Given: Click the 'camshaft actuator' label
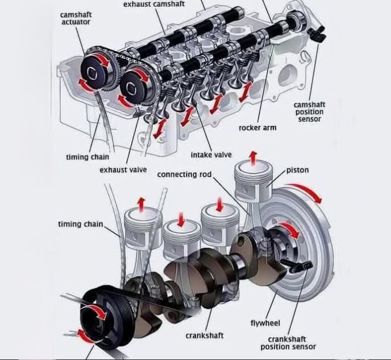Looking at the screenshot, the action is pos(76,18).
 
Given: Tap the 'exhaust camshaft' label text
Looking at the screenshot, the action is pos(154,4).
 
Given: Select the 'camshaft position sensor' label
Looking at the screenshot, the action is pos(310,112).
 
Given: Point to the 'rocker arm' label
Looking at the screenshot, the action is pos(257,128).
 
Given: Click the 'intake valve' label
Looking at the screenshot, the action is pos(211,155).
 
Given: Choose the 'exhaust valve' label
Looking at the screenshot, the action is pos(123,170).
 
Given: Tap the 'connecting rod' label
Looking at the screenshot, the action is pos(184,175).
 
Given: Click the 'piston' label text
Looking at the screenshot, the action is pos(297,170).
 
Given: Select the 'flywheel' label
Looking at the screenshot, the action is pos(265,323).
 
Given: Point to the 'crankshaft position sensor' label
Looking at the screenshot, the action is pos(288,343).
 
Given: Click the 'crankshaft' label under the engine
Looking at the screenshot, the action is pos(205,336).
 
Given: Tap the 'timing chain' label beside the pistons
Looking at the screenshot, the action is pos(81,224).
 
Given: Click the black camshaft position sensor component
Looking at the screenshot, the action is pos(317,34).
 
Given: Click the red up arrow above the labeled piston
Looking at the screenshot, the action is pos(253,158).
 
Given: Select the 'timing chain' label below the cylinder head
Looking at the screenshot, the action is pos(88,157).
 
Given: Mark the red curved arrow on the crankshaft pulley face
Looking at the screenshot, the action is pos(97,312).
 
